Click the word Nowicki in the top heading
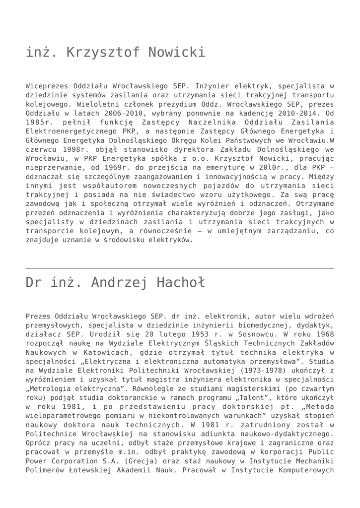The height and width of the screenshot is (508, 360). tap(172, 52)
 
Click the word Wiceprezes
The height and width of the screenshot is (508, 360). tap(46, 86)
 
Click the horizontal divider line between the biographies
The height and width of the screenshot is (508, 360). tap(180, 268)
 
